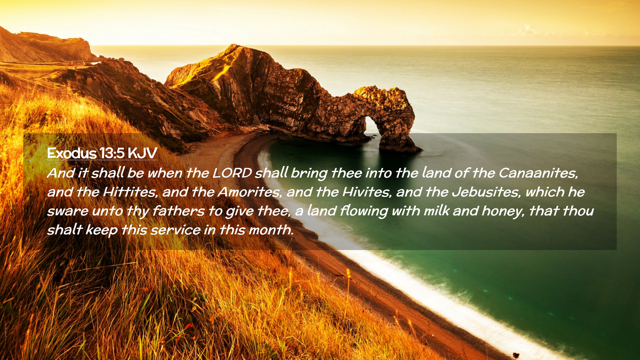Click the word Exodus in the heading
pos(72,153)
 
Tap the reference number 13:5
pos(112,153)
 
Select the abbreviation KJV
pos(142,153)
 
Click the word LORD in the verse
pos(232,173)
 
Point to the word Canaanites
pos(538,173)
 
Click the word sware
pos(68,211)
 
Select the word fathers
pos(178,211)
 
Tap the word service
pos(175,230)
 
